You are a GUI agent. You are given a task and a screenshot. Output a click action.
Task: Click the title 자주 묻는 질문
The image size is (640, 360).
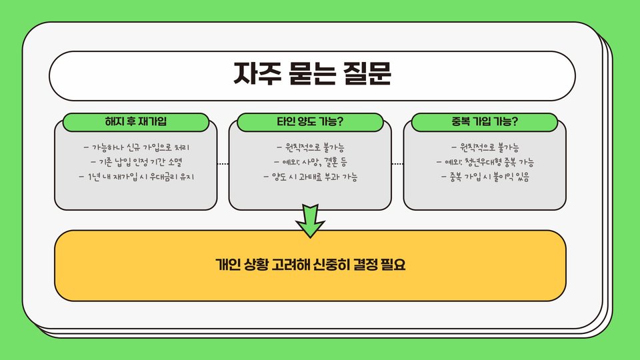(312, 74)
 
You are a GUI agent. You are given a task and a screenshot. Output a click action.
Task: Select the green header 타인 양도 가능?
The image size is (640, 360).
(311, 122)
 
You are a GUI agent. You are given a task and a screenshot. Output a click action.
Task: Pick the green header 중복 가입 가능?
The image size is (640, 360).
(485, 122)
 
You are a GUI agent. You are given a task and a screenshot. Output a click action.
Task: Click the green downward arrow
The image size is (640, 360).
(310, 221)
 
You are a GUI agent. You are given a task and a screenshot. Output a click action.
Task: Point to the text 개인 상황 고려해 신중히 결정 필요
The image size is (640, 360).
(311, 265)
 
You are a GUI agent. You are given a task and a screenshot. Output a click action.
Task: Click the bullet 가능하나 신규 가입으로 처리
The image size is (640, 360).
(140, 147)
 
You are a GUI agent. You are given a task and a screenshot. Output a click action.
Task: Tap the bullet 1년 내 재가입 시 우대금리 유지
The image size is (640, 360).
(140, 177)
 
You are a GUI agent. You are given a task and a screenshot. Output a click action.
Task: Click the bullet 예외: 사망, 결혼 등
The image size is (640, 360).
(311, 162)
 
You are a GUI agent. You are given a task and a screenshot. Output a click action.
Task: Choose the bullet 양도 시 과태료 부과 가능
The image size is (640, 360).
(311, 177)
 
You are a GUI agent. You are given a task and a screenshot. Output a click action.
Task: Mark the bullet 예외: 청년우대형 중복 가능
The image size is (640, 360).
(485, 162)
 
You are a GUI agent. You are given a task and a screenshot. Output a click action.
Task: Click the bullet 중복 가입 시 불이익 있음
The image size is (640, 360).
(485, 177)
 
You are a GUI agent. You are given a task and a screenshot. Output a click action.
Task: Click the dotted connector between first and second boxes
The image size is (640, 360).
(223, 163)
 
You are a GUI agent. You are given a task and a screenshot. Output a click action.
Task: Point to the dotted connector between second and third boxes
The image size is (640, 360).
(397, 163)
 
